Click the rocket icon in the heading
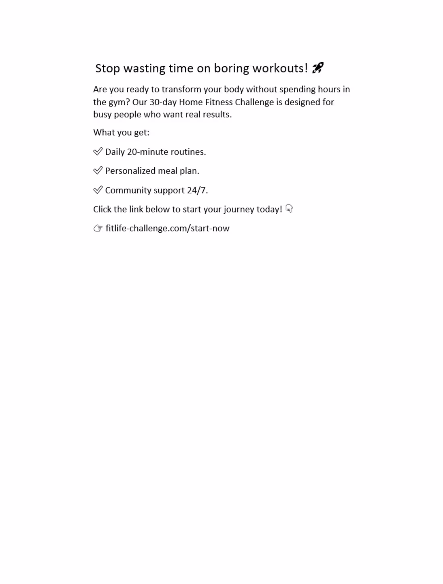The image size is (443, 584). [x=318, y=68]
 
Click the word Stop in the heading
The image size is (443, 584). [x=108, y=69]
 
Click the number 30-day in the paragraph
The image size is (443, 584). [x=163, y=102]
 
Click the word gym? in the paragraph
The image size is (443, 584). [x=119, y=102]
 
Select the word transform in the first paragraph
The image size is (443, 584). [x=181, y=89]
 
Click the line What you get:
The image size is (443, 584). [x=121, y=133]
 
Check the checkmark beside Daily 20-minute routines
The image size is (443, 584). [x=98, y=152]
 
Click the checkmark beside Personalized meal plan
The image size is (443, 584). [x=98, y=171]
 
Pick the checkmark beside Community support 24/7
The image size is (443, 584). [x=98, y=190]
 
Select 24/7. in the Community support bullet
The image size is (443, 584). [x=197, y=190]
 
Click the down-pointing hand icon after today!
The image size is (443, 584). [x=289, y=209]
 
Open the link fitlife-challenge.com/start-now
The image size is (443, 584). [x=168, y=228]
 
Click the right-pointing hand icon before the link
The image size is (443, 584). [x=98, y=228]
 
